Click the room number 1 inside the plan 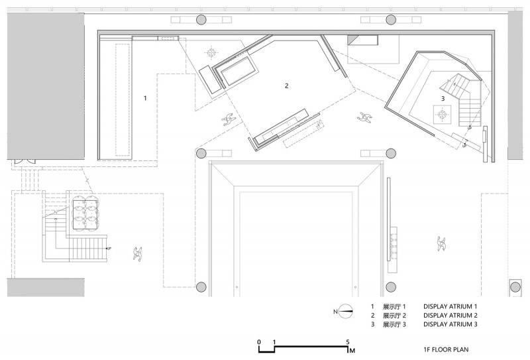pyautogui.click(x=145, y=98)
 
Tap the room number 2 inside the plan pyautogui.click(x=287, y=86)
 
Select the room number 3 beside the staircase pyautogui.click(x=443, y=99)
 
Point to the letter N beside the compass pyautogui.click(x=335, y=312)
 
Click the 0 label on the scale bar pyautogui.click(x=259, y=341)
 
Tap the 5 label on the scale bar pyautogui.click(x=348, y=342)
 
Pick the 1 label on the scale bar pyautogui.click(x=274, y=341)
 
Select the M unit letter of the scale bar pyautogui.click(x=352, y=351)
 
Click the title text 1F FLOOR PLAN pyautogui.click(x=446, y=349)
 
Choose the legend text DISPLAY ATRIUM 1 pyautogui.click(x=450, y=306)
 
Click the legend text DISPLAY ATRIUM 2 pyautogui.click(x=450, y=316)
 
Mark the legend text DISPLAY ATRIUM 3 pyautogui.click(x=450, y=324)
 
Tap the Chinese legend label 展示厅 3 pyautogui.click(x=394, y=324)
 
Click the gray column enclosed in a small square pyautogui.click(x=515, y=287)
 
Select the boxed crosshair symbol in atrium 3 pyautogui.click(x=442, y=115)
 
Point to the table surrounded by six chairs pyautogui.click(x=85, y=212)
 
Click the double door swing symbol pyautogui.click(x=24, y=162)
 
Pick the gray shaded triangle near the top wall pyautogui.click(x=352, y=39)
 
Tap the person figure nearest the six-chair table pyautogui.click(x=138, y=253)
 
